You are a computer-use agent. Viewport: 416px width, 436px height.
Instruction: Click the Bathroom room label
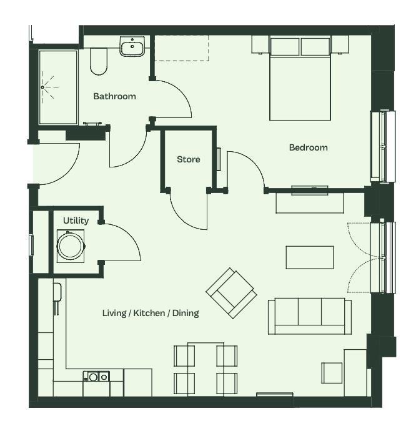114,96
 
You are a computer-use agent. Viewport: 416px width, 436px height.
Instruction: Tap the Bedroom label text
309,147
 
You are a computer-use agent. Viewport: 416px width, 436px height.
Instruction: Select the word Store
189,159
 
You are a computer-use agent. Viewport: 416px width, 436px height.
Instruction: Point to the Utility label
76,220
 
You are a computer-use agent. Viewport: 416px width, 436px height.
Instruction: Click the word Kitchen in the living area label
149,313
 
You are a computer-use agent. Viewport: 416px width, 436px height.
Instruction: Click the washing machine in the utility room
71,246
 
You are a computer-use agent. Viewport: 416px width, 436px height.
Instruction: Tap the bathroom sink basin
132,46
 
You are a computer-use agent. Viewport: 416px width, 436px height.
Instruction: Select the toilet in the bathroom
99,62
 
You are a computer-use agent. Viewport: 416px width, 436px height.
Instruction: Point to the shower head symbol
48,87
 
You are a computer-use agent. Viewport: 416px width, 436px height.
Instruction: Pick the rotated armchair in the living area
231,293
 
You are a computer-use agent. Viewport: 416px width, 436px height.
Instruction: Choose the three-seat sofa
310,317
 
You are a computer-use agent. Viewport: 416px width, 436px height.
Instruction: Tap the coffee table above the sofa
310,257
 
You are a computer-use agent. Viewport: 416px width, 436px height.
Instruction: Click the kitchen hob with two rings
96,377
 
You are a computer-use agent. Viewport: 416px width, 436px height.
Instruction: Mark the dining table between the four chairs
206,369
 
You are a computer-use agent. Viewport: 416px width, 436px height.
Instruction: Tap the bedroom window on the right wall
382,147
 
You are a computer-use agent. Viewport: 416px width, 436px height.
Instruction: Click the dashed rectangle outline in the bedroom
182,61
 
